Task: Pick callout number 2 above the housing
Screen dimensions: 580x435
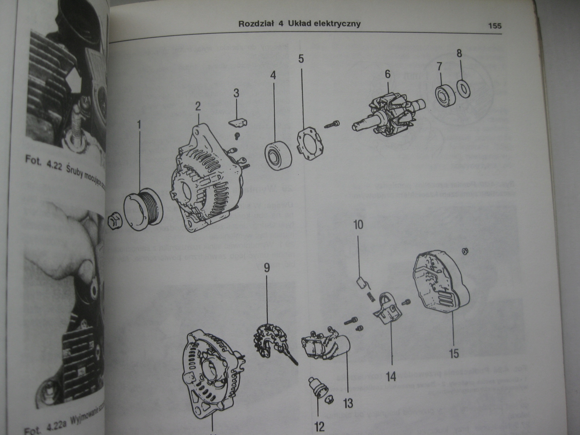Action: click(198, 107)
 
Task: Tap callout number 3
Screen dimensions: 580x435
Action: click(236, 94)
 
